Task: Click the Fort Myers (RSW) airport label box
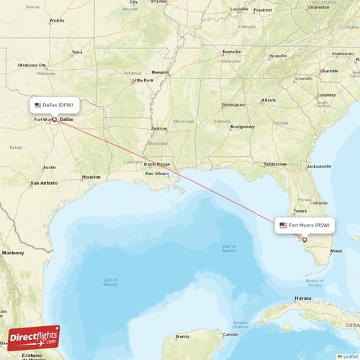pos(305,225)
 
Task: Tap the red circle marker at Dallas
pos(54,120)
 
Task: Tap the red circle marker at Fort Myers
pos(305,240)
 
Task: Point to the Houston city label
pos(91,176)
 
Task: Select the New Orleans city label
pos(157,174)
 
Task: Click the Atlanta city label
pos(268,100)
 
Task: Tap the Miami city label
pos(336,251)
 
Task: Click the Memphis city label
pos(160,72)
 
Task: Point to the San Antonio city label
pos(43,183)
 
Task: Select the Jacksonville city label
pos(318,166)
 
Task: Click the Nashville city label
pos(231,52)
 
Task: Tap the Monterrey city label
pos(13,253)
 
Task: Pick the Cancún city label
pos(230,335)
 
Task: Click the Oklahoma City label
pos(32,65)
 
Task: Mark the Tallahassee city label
pos(274,164)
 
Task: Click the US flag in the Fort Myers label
pos(283,225)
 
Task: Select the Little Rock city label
pos(143,80)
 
